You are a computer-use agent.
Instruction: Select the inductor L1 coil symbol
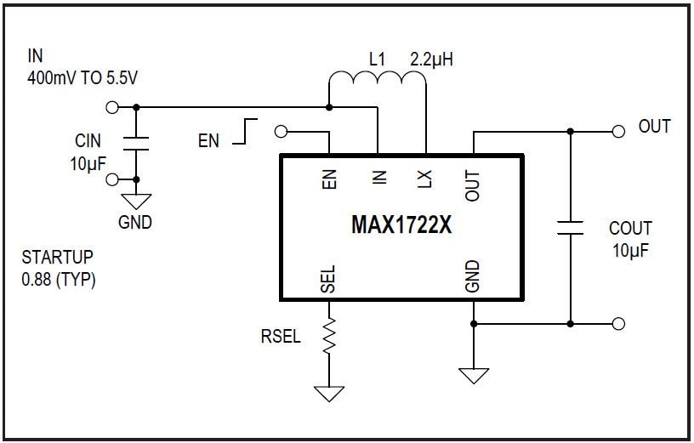tap(377, 82)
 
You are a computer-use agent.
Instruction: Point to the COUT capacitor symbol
tap(570, 227)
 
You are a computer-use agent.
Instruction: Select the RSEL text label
tap(280, 337)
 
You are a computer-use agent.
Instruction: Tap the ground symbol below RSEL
tap(329, 393)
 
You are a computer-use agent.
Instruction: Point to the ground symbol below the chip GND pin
tap(473, 375)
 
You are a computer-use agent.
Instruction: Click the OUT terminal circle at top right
tap(618, 132)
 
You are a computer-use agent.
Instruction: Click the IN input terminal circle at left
tap(110, 107)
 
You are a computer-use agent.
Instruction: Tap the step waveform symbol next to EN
tap(246, 131)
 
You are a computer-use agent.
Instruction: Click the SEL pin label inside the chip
tap(329, 279)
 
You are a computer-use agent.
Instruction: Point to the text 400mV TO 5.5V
tap(82, 78)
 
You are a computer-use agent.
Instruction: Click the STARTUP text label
tap(58, 257)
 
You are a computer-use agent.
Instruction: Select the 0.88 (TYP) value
tap(59, 280)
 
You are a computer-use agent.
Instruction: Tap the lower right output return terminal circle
tap(618, 323)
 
